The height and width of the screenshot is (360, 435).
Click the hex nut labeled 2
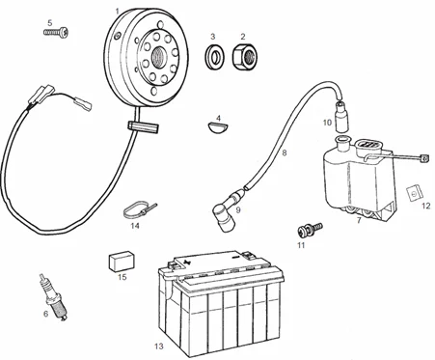[245, 57]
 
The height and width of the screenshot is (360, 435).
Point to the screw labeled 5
[56, 32]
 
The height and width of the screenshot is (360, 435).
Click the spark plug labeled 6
[53, 297]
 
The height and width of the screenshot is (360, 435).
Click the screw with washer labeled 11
[310, 228]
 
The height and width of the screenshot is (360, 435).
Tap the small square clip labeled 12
[414, 193]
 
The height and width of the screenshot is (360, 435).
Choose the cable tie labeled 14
[138, 209]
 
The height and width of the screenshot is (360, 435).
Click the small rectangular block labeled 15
[122, 261]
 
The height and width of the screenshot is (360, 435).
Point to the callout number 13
[159, 346]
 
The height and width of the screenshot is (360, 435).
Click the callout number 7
[359, 220]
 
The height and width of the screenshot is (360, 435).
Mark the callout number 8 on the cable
[285, 152]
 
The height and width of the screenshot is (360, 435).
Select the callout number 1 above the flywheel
[117, 12]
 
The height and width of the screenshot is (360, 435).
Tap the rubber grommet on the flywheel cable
[144, 126]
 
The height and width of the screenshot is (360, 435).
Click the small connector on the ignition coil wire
[424, 159]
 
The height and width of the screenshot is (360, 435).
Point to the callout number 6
[45, 313]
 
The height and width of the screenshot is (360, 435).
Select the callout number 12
[425, 206]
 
